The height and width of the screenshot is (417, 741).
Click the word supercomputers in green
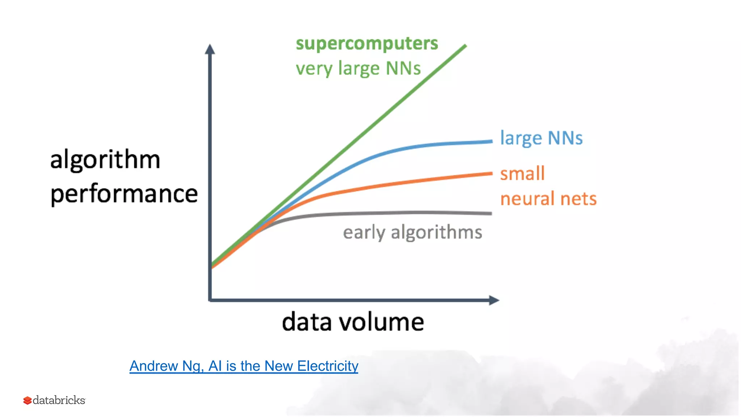click(x=367, y=44)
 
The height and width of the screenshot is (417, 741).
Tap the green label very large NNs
click(x=358, y=69)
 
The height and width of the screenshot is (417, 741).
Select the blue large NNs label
click(x=541, y=138)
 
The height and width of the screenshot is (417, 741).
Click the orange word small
click(x=522, y=174)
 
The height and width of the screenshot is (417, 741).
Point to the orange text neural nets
click(x=548, y=199)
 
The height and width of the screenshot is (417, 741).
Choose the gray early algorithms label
click(x=412, y=232)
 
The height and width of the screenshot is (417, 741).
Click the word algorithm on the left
click(x=105, y=160)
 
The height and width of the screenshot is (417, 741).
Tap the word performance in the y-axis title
click(x=124, y=194)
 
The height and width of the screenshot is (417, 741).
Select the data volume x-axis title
click(x=353, y=322)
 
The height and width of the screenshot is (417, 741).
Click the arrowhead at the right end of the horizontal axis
click(x=494, y=300)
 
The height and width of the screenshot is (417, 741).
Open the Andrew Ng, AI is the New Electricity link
click(x=244, y=366)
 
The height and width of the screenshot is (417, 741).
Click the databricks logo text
click(x=59, y=400)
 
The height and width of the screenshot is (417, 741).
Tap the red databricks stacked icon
click(x=27, y=400)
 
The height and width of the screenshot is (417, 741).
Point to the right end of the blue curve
click(x=491, y=142)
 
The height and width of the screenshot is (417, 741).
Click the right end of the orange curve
click(x=491, y=174)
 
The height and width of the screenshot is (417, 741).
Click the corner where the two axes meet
click(x=210, y=300)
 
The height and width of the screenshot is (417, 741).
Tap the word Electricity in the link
click(x=327, y=366)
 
